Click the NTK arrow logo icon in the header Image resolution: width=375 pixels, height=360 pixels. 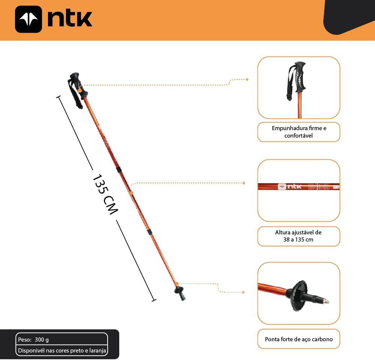click(28, 19)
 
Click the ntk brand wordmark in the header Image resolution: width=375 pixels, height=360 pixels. click(70, 19)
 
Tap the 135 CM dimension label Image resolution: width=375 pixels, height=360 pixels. click(105, 194)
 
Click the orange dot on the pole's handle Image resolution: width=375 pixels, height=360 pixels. click(80, 91)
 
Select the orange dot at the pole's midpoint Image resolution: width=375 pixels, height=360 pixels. click(131, 192)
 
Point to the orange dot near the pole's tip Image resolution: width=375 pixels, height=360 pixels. click(177, 284)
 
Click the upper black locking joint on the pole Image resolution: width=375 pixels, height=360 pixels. click(119, 169)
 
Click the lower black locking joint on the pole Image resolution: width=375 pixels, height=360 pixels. click(149, 231)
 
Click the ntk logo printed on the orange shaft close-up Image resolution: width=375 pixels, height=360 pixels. click(289, 186)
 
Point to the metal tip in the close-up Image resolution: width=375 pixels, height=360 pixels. click(326, 301)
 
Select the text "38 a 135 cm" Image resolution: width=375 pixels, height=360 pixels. click(298, 240)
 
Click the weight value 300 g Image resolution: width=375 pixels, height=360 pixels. click(42, 339)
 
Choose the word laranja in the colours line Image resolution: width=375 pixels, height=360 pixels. click(97, 351)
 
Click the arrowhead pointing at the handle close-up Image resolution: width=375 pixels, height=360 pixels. click(247, 79)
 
